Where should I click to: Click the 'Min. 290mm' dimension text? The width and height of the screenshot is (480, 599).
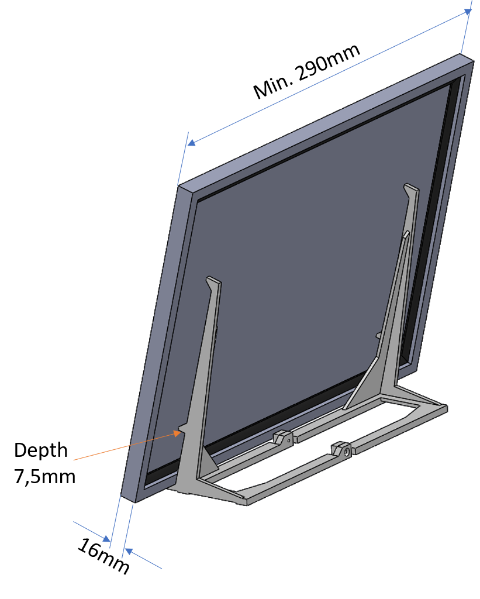tap(306, 71)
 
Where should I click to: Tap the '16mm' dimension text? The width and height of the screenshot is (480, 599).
tap(103, 556)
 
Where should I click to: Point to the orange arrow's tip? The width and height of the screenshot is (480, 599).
tap(180, 432)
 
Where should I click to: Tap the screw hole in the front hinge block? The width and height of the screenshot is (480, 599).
tap(346, 452)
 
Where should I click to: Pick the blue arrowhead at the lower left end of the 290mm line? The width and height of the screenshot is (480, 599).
tap(192, 143)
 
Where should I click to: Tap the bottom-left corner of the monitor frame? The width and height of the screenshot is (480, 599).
tap(122, 496)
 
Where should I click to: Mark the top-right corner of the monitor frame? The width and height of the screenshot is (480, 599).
tap(474, 61)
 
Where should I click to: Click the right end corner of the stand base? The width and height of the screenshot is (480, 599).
tap(447, 408)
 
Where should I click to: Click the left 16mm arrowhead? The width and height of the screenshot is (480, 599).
tap(106, 538)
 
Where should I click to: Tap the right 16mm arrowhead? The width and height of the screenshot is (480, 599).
tap(129, 551)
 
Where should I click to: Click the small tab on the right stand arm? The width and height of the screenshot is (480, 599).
tap(378, 335)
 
